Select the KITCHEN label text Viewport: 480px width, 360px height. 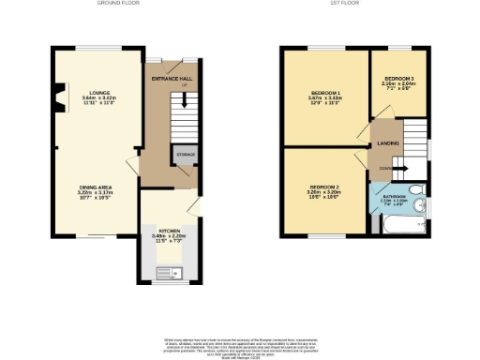tap(169, 230)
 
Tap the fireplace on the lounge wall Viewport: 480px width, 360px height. tap(59, 97)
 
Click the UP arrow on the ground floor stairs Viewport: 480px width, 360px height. tap(184, 86)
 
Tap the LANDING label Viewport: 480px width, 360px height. tap(388, 142)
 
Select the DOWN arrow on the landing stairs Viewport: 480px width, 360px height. tap(386, 170)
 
